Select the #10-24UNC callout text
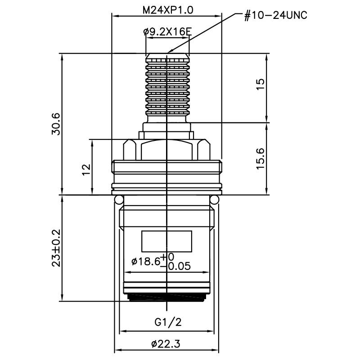(x=275, y=16)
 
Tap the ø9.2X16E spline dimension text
(x=167, y=32)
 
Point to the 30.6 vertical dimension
(x=55, y=124)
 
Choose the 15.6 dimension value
(x=260, y=158)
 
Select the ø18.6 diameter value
(x=145, y=262)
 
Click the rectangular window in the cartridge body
(x=166, y=241)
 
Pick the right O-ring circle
(x=215, y=199)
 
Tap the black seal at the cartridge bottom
(x=166, y=297)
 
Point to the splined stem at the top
(x=166, y=85)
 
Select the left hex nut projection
(x=129, y=149)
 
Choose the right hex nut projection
(x=204, y=149)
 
